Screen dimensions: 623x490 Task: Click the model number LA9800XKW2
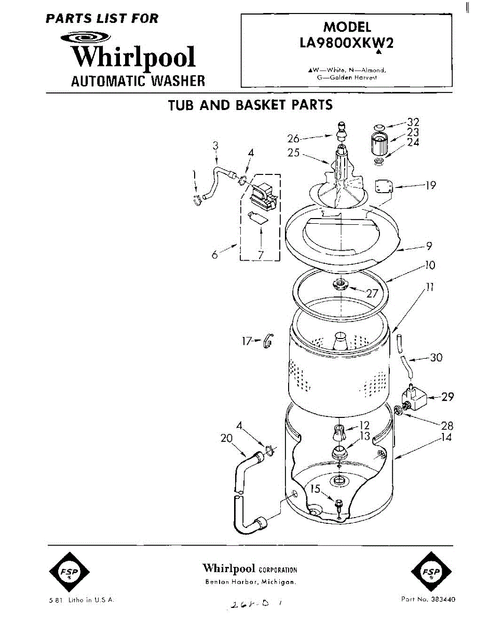tap(346, 43)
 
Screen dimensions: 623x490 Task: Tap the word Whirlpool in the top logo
tap(134, 57)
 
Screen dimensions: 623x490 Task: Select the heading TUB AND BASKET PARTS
tap(250, 105)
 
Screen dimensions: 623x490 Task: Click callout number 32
tap(413, 123)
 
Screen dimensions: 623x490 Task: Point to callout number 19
tap(430, 185)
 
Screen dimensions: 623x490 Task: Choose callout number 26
tap(294, 138)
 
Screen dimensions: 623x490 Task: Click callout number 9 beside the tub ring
tap(429, 246)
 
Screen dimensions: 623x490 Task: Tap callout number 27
tap(372, 293)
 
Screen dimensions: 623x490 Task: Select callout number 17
tap(247, 341)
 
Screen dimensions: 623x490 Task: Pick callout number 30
tap(437, 357)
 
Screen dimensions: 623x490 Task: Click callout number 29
tap(447, 397)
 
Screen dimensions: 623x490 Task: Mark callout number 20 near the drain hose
tap(226, 438)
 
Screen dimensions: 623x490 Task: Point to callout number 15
tap(316, 489)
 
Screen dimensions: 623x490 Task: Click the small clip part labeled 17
tap(268, 341)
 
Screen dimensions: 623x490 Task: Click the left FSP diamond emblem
tap(69, 572)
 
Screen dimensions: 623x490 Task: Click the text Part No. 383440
tap(428, 600)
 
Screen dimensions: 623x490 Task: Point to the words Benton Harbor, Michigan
tap(250, 581)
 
